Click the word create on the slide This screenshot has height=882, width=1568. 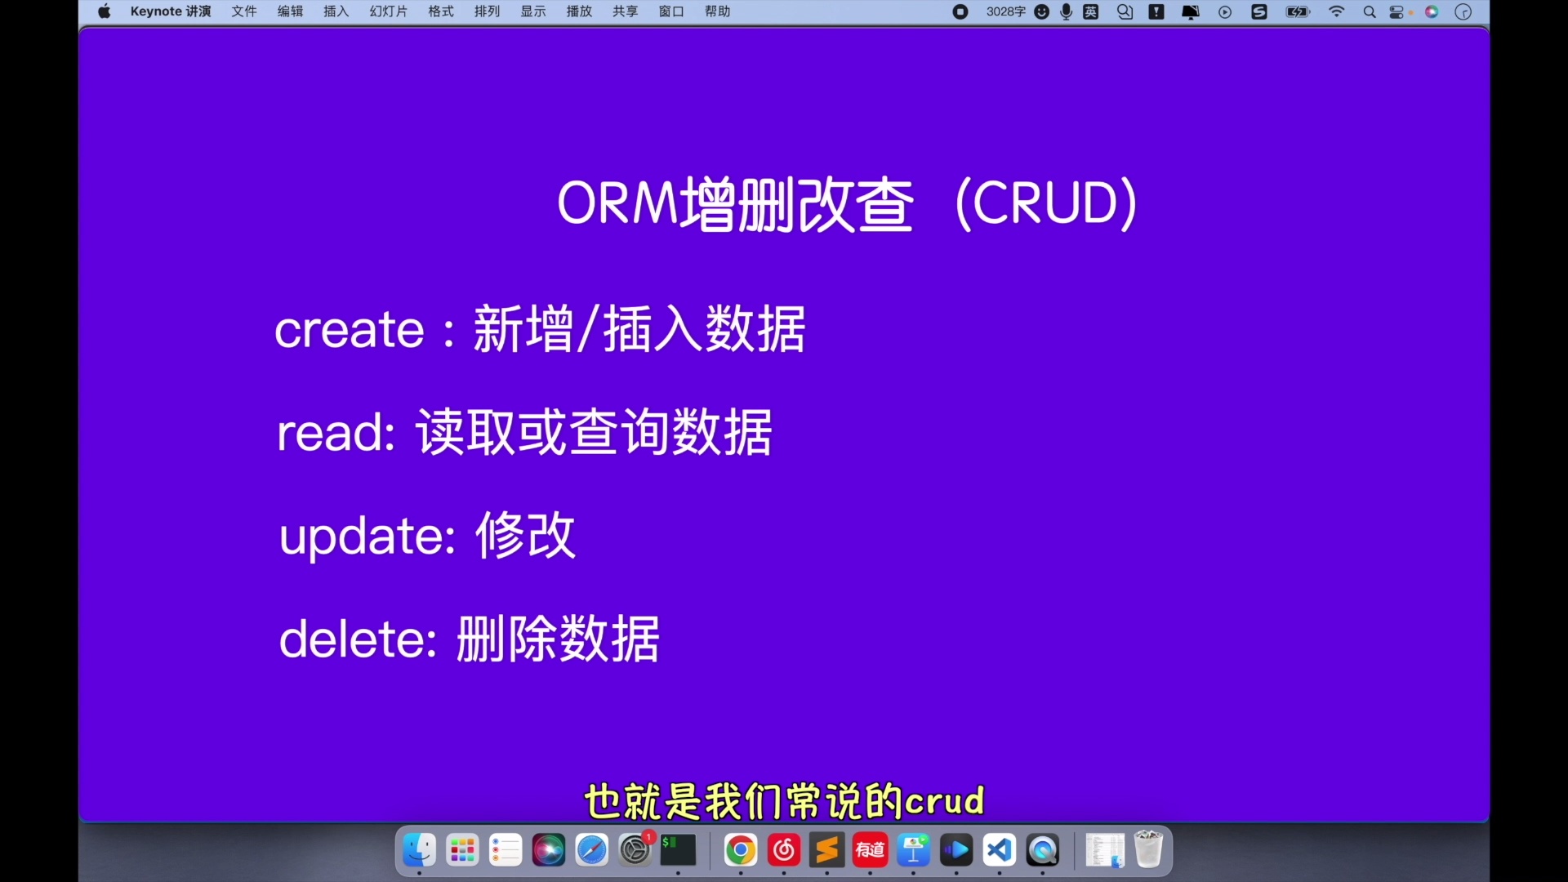coord(349,331)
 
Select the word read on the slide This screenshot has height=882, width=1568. coord(336,433)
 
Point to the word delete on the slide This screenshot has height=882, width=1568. coord(358,639)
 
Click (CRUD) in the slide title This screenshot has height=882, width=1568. coord(1046,203)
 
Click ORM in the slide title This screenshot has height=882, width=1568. coord(617,203)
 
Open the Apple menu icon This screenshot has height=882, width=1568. coord(105,11)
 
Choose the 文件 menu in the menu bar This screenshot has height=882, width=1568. coord(244,11)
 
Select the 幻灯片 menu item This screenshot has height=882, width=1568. coord(389,11)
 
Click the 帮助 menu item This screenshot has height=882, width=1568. coord(718,11)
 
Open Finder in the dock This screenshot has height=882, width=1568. coord(420,850)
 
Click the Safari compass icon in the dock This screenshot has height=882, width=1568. coord(592,850)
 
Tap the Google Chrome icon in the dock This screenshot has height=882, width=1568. coord(741,850)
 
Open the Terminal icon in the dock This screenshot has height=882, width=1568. coord(678,850)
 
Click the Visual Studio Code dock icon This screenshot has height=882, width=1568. coord(1000,850)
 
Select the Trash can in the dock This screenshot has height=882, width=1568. coord(1148,849)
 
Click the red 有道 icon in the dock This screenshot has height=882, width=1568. coord(870,850)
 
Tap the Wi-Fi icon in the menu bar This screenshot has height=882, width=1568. coord(1337,11)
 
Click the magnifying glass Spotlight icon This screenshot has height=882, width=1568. coord(1370,11)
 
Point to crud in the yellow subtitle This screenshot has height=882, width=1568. coord(945,801)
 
